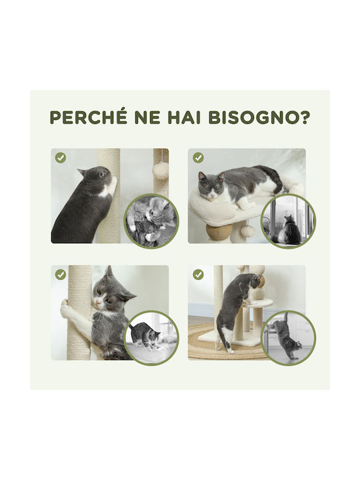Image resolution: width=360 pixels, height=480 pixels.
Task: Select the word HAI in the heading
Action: (184, 117)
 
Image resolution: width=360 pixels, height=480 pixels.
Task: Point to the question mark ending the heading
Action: (305, 117)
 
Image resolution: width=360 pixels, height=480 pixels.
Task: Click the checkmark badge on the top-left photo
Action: (61, 157)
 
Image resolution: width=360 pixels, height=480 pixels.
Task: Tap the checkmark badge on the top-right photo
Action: (198, 157)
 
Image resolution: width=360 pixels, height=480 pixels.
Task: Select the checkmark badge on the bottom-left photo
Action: (61, 275)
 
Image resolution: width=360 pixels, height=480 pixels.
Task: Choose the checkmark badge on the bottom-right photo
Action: (198, 275)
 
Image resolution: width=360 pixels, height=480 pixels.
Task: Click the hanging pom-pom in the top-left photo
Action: (161, 169)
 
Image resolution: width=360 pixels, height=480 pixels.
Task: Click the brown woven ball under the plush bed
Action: (215, 232)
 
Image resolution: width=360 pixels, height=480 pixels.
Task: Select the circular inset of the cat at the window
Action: (287, 221)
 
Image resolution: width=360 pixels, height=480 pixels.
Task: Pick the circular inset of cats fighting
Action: (151, 221)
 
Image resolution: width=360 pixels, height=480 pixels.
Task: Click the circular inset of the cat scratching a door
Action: (287, 338)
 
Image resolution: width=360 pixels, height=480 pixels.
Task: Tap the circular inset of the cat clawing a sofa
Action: (151, 338)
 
